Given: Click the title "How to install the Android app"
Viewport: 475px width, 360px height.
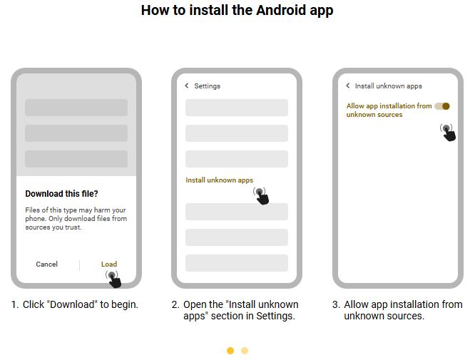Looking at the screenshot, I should tap(237, 10).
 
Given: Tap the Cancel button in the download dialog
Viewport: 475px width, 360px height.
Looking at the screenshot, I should tap(46, 264).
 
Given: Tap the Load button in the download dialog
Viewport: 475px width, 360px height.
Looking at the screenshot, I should tap(108, 264).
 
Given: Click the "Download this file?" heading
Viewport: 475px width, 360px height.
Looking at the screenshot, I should tap(61, 194).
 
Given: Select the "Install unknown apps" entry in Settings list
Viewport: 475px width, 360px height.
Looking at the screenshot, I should tap(219, 180).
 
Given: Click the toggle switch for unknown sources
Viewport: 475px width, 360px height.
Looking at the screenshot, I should tap(442, 106).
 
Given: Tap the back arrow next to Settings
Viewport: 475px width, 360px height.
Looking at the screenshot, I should tap(187, 86).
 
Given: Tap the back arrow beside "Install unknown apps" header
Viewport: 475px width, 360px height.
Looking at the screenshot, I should tap(348, 86).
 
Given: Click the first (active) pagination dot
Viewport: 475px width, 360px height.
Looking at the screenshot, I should tap(230, 351).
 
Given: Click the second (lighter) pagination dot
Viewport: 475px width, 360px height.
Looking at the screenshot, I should tap(245, 351).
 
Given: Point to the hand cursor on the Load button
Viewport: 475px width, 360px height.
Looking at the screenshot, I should tap(112, 277).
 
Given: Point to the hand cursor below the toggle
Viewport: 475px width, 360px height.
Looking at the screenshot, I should tap(448, 132).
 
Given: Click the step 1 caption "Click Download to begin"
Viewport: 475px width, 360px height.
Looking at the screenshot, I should tap(75, 304).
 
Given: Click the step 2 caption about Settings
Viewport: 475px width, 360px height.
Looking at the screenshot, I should tap(235, 310).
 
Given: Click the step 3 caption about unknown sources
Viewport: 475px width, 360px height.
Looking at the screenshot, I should tap(397, 310).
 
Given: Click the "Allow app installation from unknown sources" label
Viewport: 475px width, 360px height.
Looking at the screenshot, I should tap(389, 110).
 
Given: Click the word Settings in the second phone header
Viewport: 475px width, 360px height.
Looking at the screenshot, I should tap(208, 86).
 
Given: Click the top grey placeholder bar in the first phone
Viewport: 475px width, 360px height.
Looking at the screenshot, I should tap(76, 108).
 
